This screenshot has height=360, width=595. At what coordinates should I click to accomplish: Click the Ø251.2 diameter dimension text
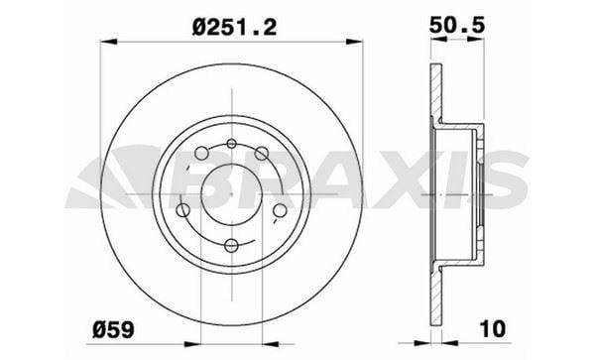click(x=234, y=28)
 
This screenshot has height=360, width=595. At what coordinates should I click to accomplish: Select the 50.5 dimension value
click(x=457, y=26)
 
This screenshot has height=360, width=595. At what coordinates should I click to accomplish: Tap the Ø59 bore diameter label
click(x=113, y=329)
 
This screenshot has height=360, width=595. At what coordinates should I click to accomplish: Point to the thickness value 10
click(x=493, y=328)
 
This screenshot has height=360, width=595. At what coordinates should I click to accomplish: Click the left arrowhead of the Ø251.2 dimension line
click(x=108, y=42)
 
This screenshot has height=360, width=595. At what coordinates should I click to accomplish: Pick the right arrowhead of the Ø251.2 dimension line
click(x=354, y=42)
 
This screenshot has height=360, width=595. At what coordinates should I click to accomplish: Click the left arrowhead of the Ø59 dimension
click(x=192, y=344)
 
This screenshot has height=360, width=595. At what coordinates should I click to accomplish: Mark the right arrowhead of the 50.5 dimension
click(x=476, y=39)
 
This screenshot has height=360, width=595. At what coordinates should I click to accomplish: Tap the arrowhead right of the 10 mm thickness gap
click(x=451, y=344)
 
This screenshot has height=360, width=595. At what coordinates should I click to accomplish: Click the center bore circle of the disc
click(x=231, y=193)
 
